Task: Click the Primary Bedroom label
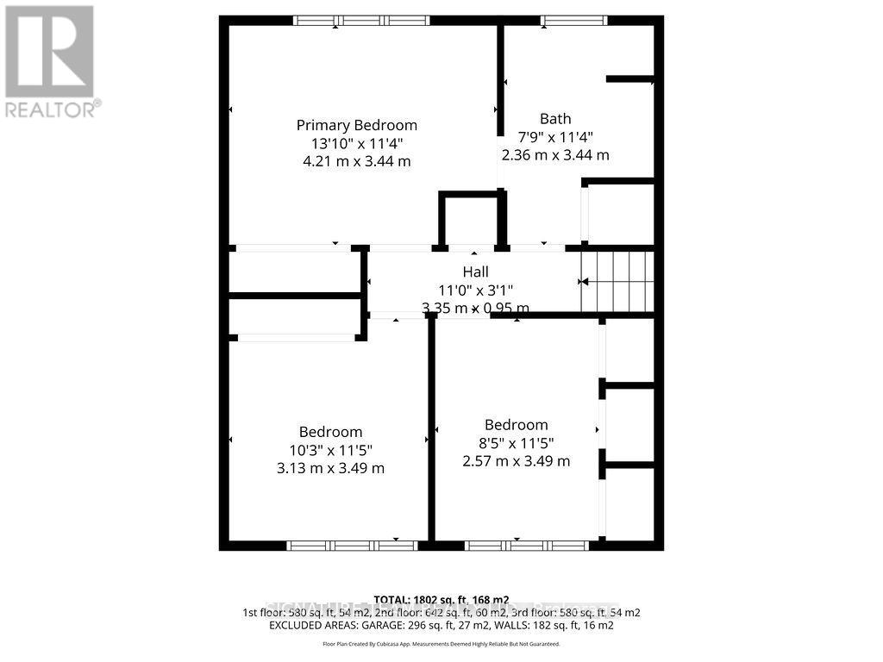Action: (356, 125)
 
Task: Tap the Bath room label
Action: (555, 119)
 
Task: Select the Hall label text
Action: (475, 272)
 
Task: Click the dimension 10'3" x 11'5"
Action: (330, 450)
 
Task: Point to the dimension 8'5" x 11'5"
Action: (516, 443)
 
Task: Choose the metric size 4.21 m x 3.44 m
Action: (356, 161)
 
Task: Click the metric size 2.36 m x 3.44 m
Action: (555, 155)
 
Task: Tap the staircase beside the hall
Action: (617, 281)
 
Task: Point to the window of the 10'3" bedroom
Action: (352, 545)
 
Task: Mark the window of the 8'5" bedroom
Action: (527, 545)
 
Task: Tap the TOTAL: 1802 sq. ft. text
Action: (441, 600)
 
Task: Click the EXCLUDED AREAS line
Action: (441, 624)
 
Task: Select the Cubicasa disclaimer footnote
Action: (441, 644)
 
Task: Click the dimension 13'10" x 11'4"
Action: (356, 143)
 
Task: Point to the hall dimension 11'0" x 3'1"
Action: (475, 290)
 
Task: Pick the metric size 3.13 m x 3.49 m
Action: (330, 468)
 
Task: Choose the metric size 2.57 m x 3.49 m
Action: (516, 461)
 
